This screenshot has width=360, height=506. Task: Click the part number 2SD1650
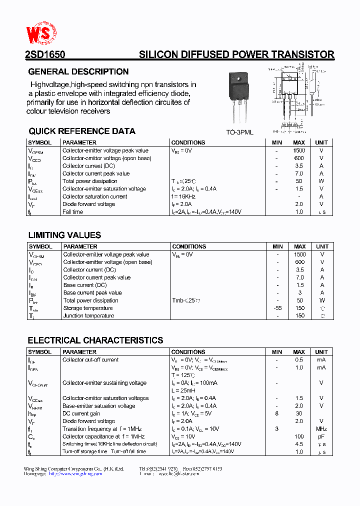tap(45, 54)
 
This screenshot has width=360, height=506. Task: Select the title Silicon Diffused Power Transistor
tap(236, 54)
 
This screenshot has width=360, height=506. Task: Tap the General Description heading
tap(78, 71)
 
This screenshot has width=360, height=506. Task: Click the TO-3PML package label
tap(239, 132)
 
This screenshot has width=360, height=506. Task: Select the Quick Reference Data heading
tap(82, 131)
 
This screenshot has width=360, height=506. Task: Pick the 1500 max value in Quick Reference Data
tap(299, 150)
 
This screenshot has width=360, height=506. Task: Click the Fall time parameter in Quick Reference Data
tap(73, 212)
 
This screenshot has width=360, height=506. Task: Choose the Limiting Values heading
tap(64, 235)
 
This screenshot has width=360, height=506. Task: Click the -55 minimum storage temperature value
tap(277, 308)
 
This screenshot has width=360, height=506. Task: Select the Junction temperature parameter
tap(88, 315)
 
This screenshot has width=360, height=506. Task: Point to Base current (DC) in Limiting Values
tap(85, 285)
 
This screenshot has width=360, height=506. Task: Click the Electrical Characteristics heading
tap(95, 340)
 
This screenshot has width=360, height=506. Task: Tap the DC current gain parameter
tap(81, 413)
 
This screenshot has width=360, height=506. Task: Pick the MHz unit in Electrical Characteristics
tap(321, 429)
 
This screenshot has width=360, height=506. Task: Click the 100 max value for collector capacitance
tap(299, 436)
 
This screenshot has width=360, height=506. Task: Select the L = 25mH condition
tap(183, 390)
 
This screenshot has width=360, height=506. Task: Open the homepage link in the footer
tap(75, 473)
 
